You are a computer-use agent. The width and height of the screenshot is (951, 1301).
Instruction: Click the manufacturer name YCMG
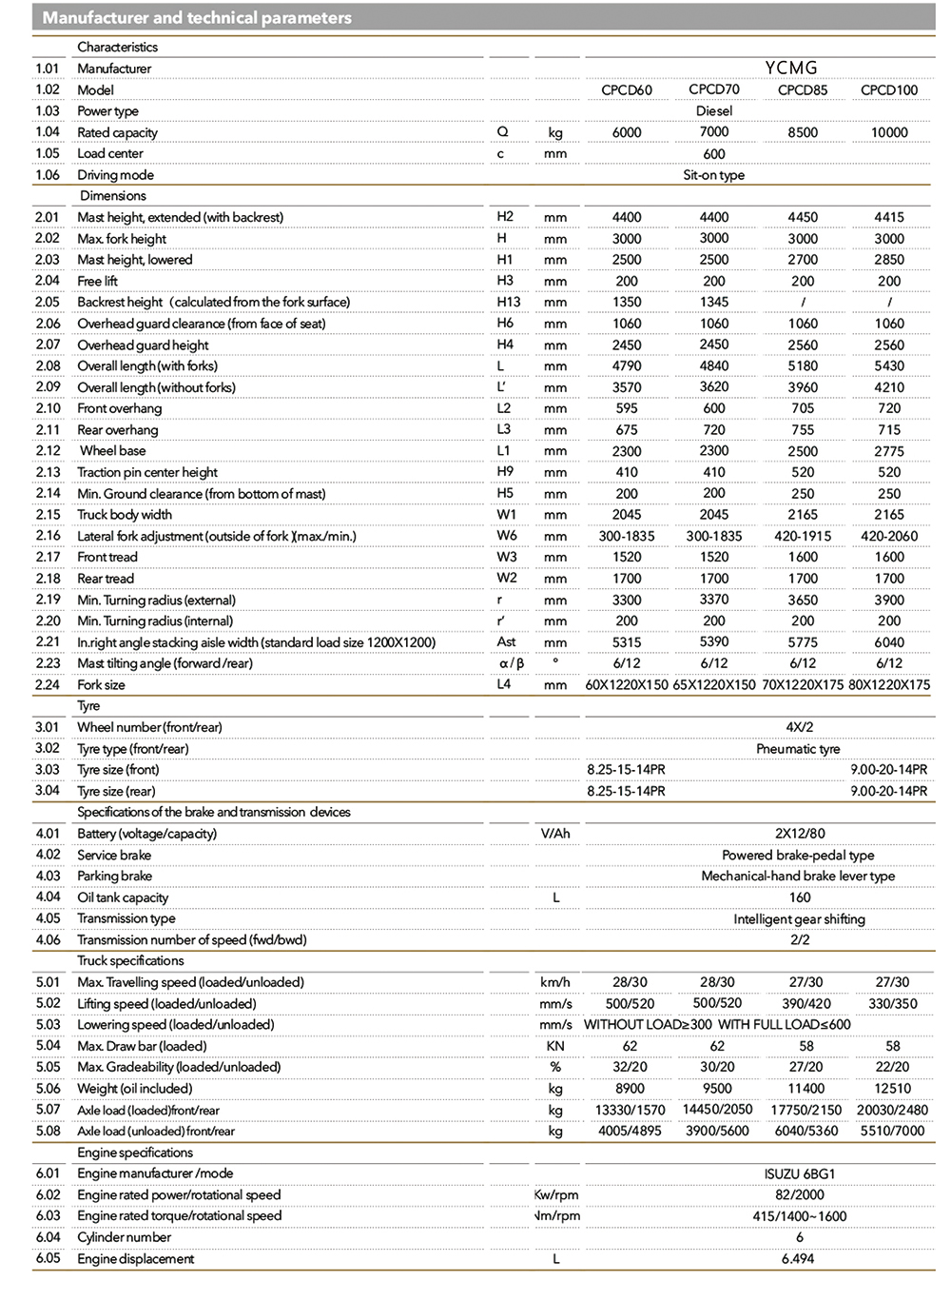[791, 68]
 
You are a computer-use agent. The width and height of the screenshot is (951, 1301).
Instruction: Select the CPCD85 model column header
[803, 90]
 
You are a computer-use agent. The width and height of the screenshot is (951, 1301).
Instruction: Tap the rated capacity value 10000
[889, 133]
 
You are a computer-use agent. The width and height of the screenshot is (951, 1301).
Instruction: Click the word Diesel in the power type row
[714, 111]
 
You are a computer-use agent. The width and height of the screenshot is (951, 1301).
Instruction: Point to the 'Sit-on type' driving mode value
[714, 175]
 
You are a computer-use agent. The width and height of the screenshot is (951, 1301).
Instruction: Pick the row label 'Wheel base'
[113, 451]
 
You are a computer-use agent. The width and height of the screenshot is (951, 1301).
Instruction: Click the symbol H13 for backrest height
[509, 302]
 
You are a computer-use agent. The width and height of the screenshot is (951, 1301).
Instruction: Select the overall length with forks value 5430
[889, 366]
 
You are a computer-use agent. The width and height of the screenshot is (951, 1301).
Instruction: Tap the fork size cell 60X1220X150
[627, 685]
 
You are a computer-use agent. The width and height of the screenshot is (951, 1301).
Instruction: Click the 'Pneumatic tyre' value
[798, 749]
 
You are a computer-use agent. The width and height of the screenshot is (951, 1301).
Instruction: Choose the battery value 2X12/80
[800, 834]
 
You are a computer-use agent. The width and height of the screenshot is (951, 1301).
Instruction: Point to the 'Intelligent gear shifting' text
[799, 919]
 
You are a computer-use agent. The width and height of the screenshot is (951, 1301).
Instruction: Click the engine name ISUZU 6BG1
[800, 1174]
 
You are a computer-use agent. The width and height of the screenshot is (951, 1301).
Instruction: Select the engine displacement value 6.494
[799, 1259]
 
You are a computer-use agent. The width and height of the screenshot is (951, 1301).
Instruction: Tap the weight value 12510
[892, 1089]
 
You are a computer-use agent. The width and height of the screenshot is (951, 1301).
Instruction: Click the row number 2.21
[48, 642]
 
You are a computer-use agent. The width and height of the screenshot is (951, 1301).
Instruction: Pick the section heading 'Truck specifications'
[130, 961]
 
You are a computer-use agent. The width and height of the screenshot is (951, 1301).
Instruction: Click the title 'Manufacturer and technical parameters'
[197, 18]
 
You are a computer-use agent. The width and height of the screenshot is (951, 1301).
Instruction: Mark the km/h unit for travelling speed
[555, 982]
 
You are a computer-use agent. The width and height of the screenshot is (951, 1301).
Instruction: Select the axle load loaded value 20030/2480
[892, 1110]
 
